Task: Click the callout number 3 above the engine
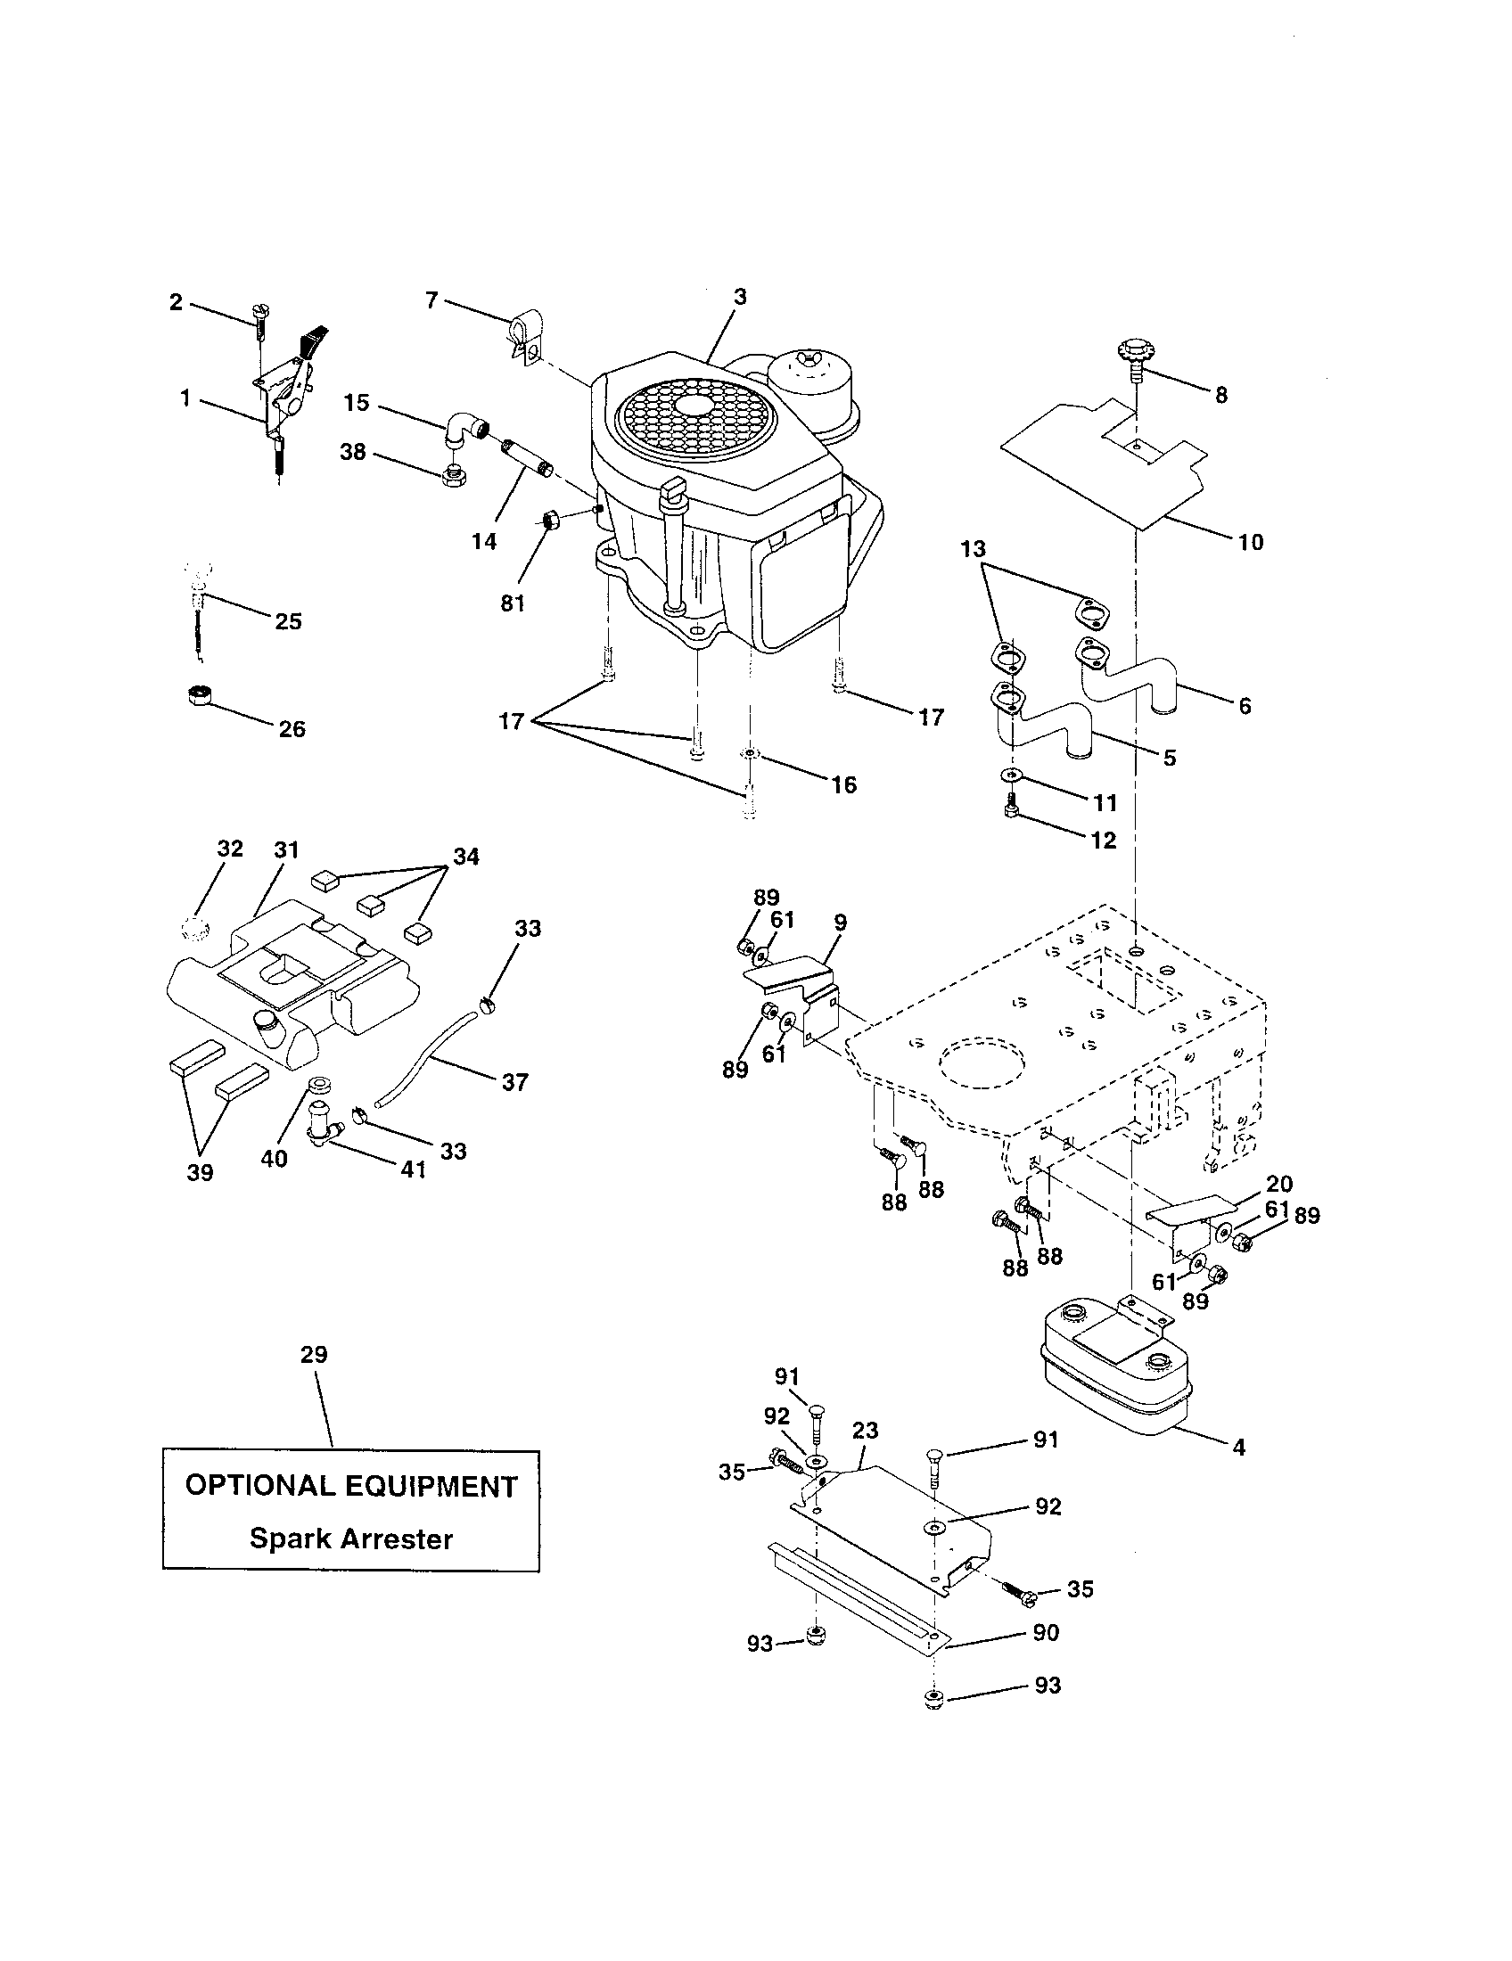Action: (x=739, y=296)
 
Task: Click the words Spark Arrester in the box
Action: (x=350, y=1539)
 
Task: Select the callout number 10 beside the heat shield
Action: (x=1250, y=541)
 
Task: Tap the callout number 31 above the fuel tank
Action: (x=285, y=849)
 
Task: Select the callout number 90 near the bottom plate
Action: (x=1046, y=1632)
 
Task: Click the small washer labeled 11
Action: (x=1012, y=774)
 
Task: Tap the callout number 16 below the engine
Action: (x=843, y=784)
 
